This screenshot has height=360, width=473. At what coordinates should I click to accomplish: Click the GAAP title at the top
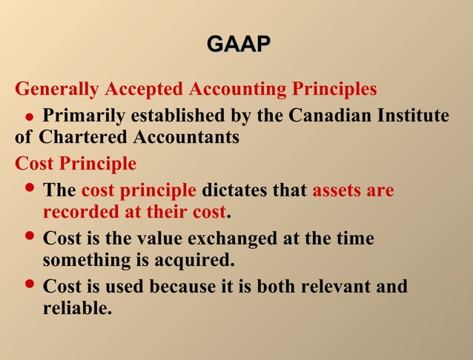pos(238,44)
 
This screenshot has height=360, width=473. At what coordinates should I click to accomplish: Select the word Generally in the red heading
pos(57,90)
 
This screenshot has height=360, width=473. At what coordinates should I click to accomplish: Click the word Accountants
pos(187,137)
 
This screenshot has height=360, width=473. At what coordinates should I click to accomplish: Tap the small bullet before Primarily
pos(30,118)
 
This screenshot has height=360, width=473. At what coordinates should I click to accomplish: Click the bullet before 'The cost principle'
pos(30,189)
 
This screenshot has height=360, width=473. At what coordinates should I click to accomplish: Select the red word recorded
pos(78,212)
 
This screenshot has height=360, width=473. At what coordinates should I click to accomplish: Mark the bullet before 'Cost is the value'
pos(30,237)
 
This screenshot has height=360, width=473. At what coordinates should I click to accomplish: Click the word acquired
pos(199,261)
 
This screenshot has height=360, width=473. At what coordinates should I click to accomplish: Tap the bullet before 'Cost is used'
pos(30,284)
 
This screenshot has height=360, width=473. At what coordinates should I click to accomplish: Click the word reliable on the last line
pos(76,308)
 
